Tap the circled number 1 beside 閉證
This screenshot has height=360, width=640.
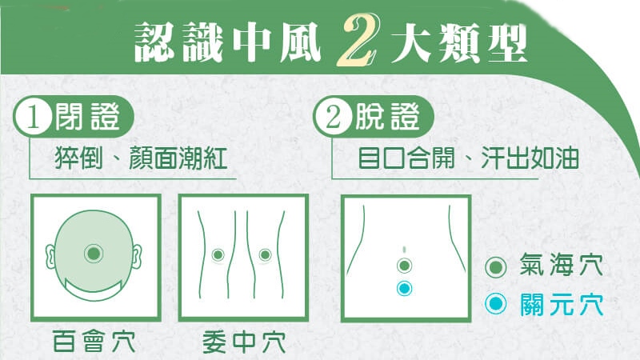(34, 117)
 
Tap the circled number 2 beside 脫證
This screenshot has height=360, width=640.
(334, 117)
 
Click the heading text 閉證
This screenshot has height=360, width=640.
(87, 117)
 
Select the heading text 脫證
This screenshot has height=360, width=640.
(387, 117)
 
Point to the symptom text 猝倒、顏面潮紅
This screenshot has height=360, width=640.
(142, 158)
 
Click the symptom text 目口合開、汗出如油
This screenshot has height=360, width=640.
(468, 158)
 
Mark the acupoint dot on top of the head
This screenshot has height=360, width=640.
(94, 254)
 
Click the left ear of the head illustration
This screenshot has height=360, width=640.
(50, 256)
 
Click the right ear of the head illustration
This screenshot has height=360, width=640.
(137, 256)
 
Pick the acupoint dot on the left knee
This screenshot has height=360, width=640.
(218, 255)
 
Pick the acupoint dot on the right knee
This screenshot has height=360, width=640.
(265, 255)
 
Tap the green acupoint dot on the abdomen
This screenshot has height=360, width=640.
(405, 266)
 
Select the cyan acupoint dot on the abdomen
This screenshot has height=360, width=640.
(405, 289)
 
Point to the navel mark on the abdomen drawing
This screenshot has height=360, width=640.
(404, 249)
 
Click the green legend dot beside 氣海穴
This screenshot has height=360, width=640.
(496, 268)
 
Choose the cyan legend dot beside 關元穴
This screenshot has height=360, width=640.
(496, 304)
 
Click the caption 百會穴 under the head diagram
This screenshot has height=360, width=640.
(94, 342)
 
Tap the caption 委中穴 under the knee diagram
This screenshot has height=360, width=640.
(244, 342)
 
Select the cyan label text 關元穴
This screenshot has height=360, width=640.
(562, 305)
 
